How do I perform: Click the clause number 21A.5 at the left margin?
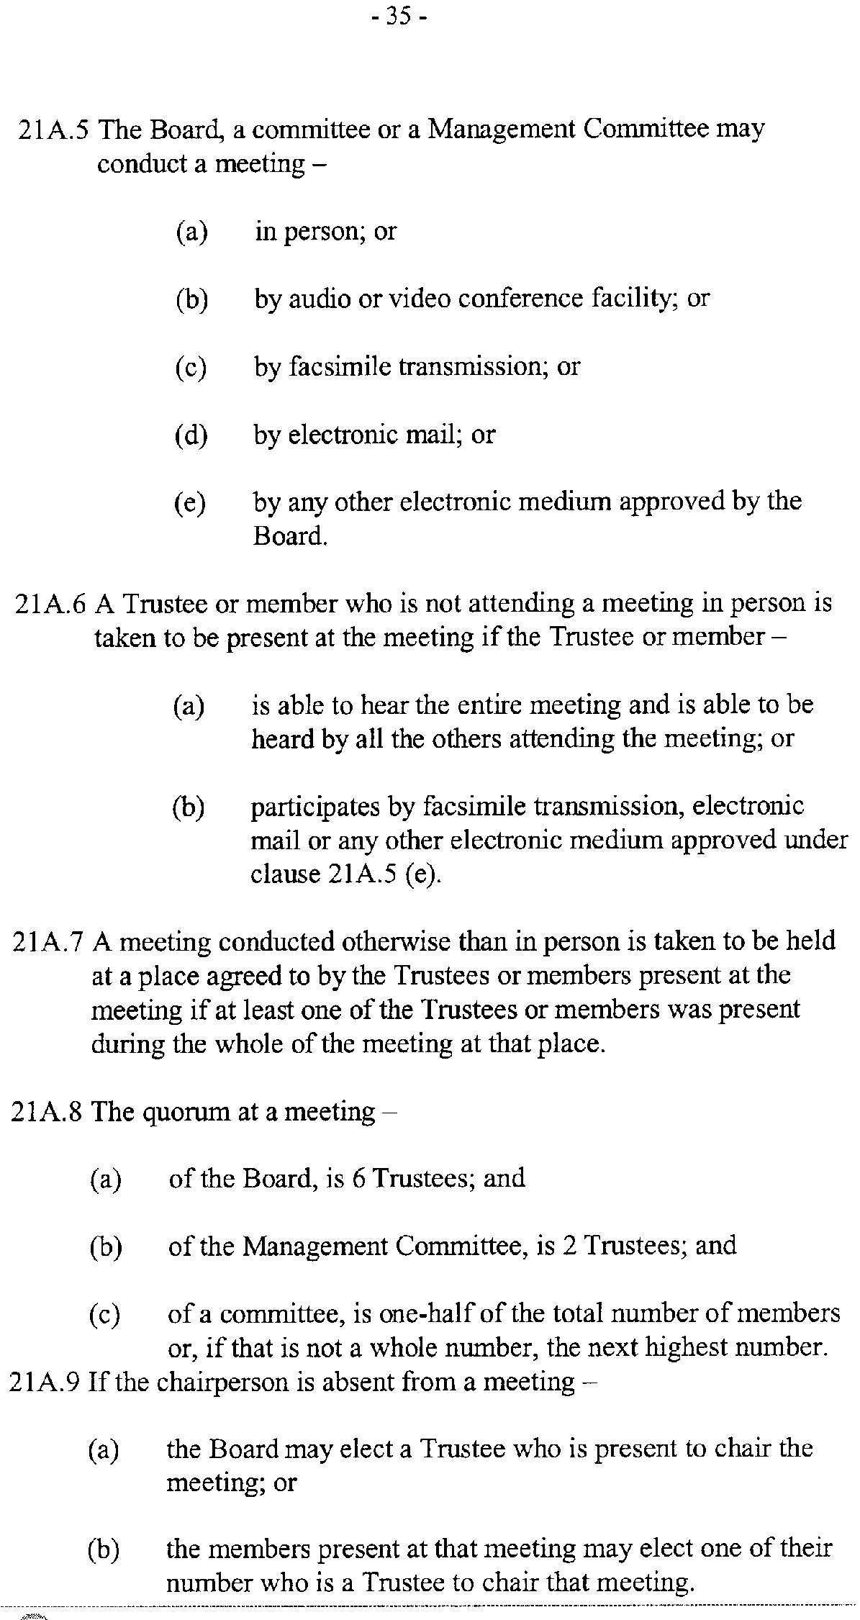pos(54,130)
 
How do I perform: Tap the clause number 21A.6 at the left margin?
pos(51,603)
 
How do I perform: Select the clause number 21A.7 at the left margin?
pos(50,941)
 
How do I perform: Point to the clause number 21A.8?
pos(49,1112)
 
